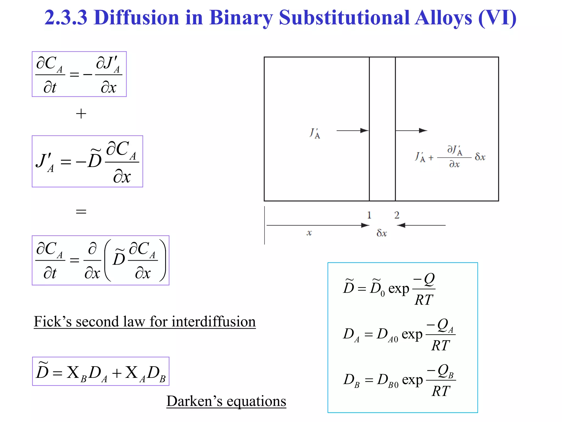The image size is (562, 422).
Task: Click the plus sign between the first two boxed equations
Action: (x=81, y=114)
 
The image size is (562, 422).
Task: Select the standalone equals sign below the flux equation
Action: (x=81, y=211)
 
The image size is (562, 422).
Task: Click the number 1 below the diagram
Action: (x=369, y=215)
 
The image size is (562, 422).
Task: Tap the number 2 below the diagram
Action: (x=397, y=215)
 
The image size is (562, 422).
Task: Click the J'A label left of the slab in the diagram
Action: (x=315, y=133)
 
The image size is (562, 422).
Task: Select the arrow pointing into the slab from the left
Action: (x=352, y=131)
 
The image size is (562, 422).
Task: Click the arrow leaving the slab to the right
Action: (x=411, y=131)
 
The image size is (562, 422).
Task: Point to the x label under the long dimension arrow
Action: (x=309, y=233)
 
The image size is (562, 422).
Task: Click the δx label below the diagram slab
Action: (x=382, y=233)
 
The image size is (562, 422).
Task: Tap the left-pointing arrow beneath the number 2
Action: (x=421, y=225)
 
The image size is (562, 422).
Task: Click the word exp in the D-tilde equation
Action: (x=399, y=289)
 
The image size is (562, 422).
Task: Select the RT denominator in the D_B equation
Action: (x=441, y=391)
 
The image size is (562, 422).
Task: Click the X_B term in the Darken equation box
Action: (x=77, y=374)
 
